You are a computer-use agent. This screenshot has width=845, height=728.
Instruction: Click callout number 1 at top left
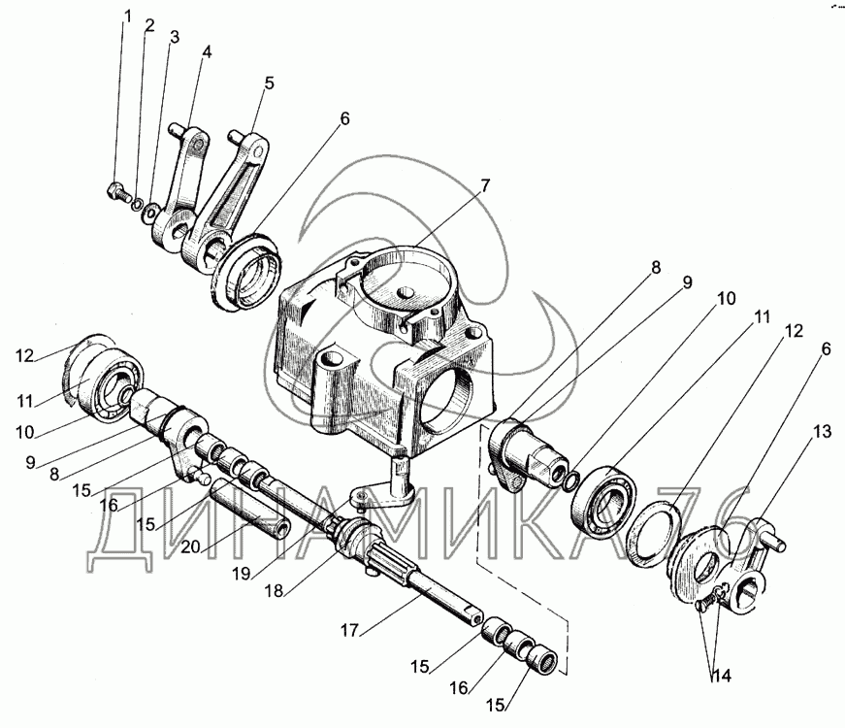125,16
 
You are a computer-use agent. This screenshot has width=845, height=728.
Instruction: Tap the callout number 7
484,183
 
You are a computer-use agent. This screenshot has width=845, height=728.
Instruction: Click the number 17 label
350,630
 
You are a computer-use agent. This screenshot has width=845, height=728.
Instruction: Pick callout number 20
190,547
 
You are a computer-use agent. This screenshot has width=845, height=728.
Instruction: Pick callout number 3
175,38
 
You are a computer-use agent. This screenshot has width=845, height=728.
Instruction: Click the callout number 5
269,83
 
